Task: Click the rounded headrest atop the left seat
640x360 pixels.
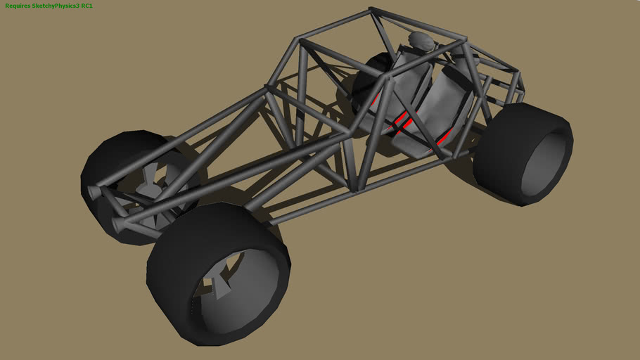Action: [x=421, y=41]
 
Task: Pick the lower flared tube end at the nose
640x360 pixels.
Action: [x=117, y=226]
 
